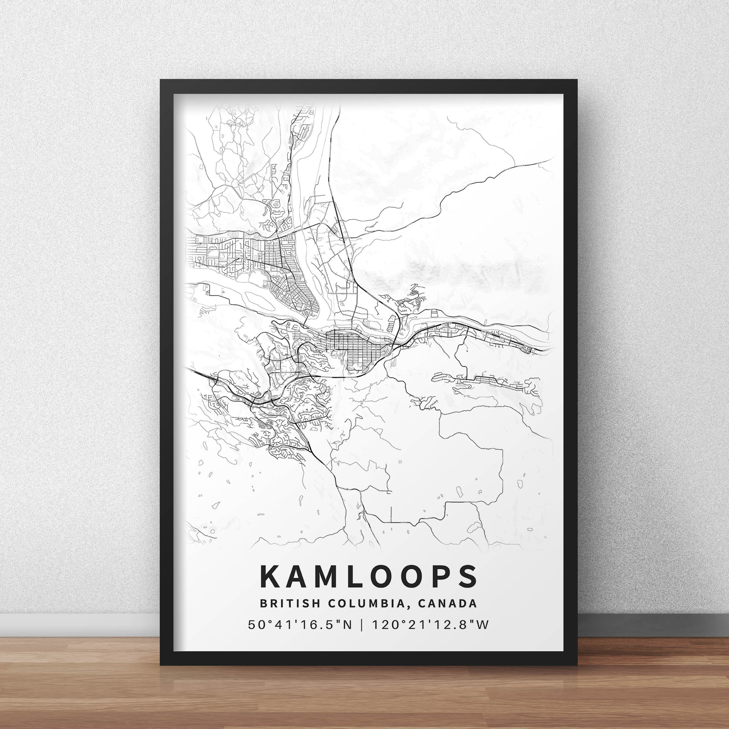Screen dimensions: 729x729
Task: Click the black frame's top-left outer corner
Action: coord(160,80)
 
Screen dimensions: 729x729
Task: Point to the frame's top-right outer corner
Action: coord(578,80)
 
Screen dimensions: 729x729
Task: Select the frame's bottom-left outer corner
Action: coord(160,665)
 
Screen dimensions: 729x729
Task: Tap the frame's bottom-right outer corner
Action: coord(578,665)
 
